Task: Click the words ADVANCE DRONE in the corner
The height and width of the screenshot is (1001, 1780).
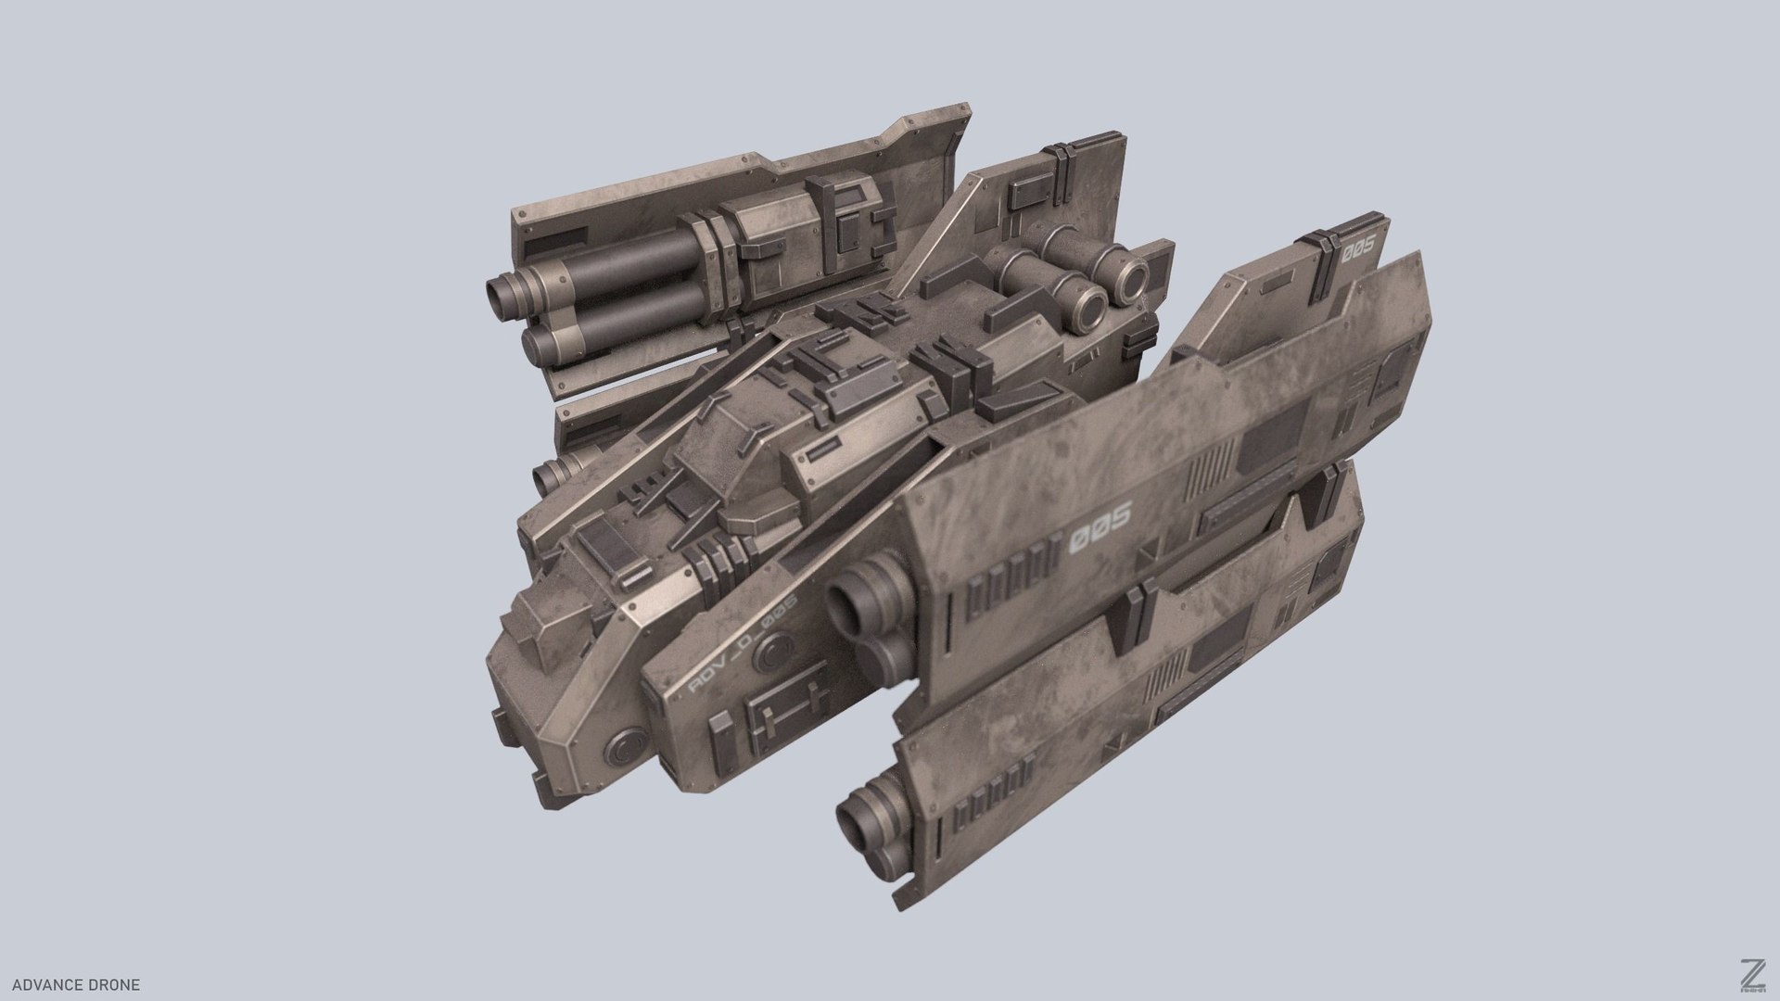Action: tap(76, 984)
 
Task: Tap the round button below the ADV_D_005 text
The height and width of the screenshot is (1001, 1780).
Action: tap(769, 655)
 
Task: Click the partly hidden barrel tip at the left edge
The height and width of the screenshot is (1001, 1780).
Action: tap(548, 475)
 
